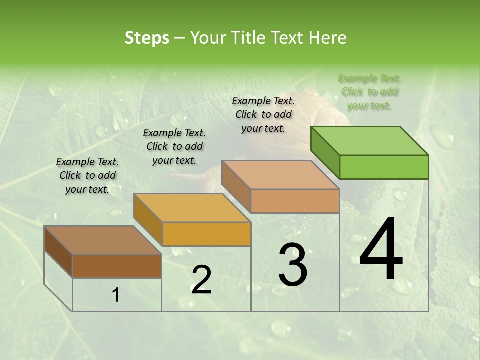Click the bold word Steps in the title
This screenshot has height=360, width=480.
click(147, 38)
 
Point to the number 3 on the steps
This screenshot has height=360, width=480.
click(293, 265)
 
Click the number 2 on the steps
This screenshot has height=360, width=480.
click(201, 280)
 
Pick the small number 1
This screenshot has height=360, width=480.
click(116, 295)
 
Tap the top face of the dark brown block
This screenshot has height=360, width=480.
click(103, 240)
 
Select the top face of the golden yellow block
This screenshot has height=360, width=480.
click(192, 207)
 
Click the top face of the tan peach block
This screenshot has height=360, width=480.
click(280, 174)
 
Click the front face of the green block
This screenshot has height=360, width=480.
click(384, 167)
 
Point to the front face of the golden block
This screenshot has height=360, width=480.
click(206, 234)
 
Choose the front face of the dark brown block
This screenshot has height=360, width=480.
click(117, 266)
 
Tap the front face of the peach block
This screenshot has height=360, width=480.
click(295, 201)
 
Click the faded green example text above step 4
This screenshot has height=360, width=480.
click(370, 92)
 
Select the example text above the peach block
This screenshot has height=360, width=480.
click(263, 114)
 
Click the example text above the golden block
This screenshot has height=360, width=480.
click(174, 146)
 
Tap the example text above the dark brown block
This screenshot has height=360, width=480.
click(87, 175)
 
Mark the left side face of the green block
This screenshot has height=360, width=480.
click(325, 152)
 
